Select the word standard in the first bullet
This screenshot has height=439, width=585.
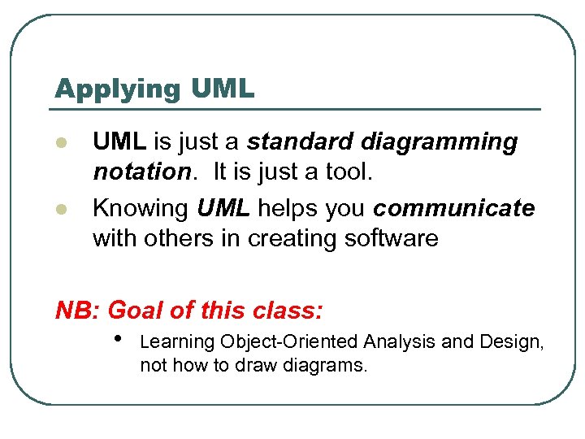(299, 142)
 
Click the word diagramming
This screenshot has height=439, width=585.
(440, 143)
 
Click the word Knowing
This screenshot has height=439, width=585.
(140, 208)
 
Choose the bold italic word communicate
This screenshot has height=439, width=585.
(454, 208)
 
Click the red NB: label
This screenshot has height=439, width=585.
(76, 310)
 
